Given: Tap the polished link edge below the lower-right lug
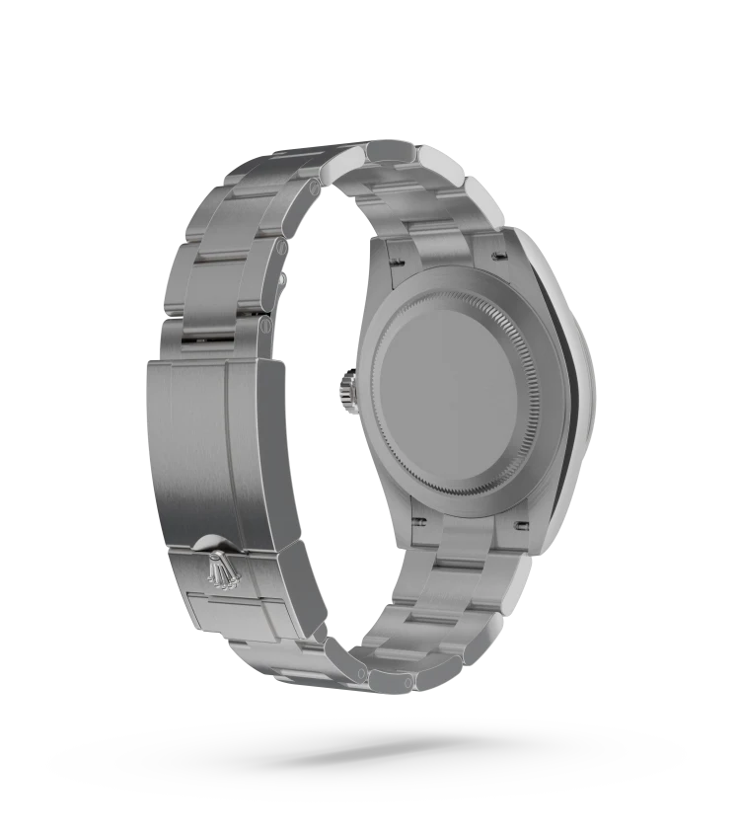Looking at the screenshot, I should tap(513, 592).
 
